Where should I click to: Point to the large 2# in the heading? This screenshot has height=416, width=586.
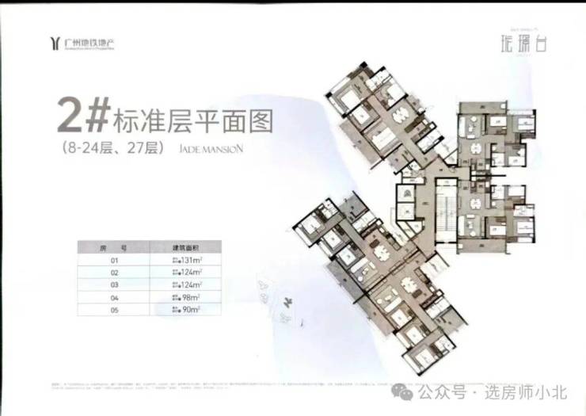[x=82, y=117]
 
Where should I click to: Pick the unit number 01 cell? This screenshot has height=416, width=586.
[x=116, y=260]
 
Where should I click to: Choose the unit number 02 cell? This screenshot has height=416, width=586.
[x=116, y=272]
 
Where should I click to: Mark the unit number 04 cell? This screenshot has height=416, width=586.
[x=116, y=297]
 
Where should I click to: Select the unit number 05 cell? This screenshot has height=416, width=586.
[x=116, y=310]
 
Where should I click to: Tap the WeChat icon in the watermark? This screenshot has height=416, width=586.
[x=406, y=391]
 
